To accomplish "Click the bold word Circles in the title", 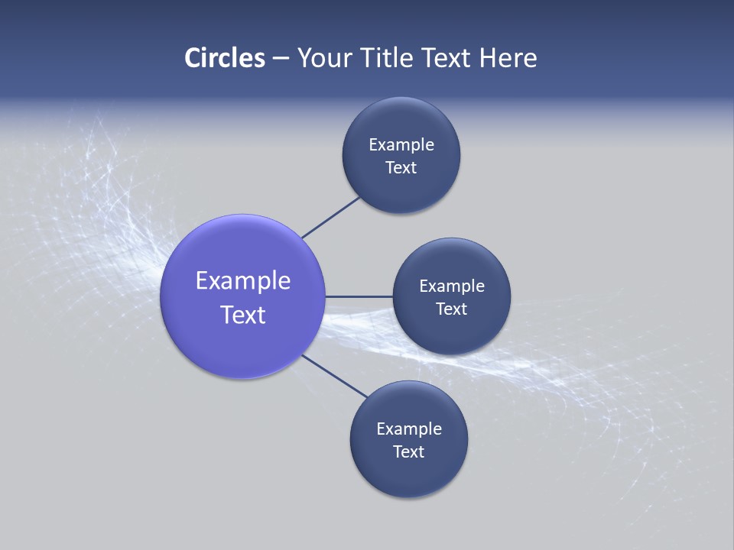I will [224, 58].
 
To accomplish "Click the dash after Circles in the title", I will [280, 59].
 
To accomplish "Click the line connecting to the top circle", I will [331, 217].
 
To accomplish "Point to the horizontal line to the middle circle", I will [359, 296].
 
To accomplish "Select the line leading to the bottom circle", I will [334, 376].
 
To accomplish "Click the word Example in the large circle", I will [242, 281].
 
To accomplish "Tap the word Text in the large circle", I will [242, 315].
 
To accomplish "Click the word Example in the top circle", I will [401, 145].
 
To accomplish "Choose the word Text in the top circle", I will [401, 168].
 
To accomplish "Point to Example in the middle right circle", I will [451, 286].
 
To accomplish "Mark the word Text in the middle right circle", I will [451, 309].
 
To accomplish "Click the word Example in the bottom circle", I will [408, 429].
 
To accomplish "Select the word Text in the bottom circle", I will [408, 452].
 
